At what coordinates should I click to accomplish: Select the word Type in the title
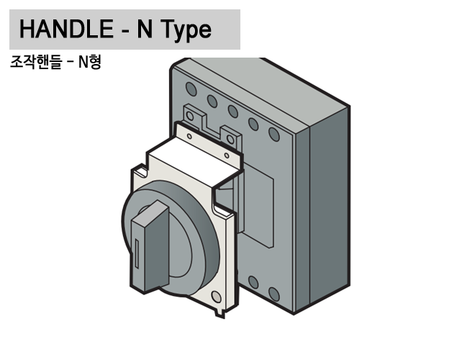185,30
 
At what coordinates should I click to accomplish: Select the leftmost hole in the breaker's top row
191,89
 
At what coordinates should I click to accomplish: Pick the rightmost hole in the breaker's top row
273,134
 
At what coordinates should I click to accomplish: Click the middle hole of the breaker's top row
232,112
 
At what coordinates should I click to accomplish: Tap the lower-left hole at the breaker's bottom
253,282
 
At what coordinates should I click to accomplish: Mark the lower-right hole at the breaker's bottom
273,293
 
